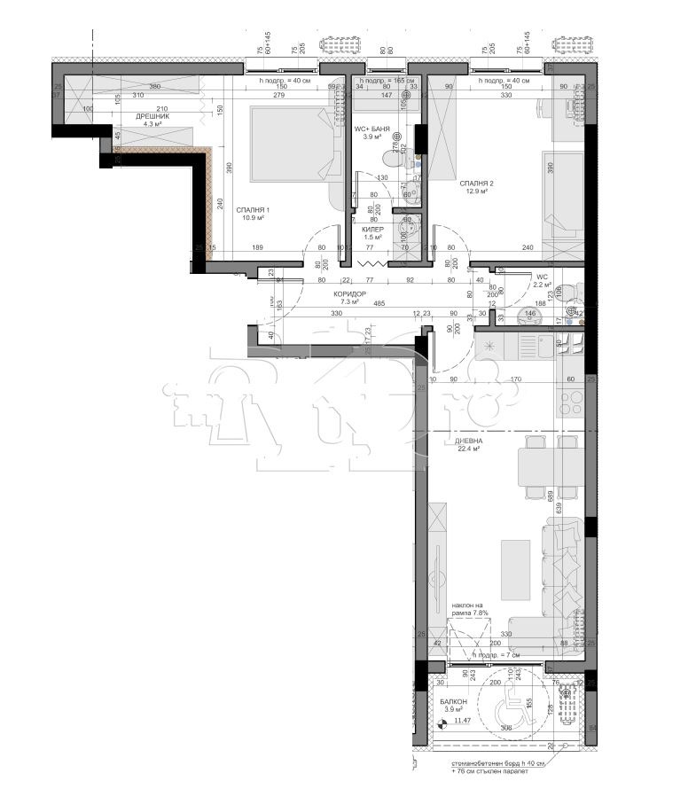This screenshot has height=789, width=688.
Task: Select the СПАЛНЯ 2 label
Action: (x=476, y=184)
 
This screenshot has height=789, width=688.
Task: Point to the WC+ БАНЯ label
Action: (x=372, y=129)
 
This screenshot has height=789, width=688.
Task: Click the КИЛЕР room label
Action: (x=372, y=229)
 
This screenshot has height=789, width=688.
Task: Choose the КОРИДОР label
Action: (x=349, y=293)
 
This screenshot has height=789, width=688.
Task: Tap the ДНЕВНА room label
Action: (x=469, y=440)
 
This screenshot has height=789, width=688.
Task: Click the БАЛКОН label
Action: (x=453, y=701)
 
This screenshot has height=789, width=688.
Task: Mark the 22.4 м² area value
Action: (x=469, y=449)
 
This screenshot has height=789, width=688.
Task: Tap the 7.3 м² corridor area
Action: (x=349, y=302)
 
